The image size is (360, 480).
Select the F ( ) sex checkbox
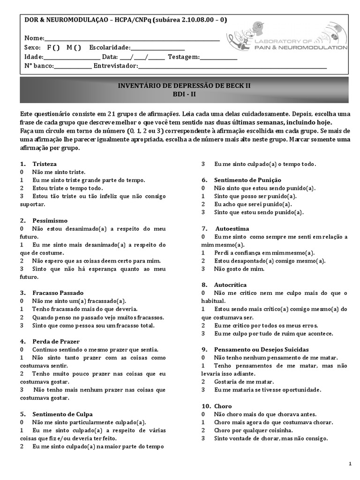(x=53, y=47)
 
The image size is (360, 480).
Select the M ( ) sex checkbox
(x=74, y=47)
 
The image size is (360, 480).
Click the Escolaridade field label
(x=109, y=47)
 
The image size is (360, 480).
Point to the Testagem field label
(x=184, y=57)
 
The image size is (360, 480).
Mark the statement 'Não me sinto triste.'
(x=59, y=172)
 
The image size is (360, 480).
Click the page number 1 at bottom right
(x=350, y=464)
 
